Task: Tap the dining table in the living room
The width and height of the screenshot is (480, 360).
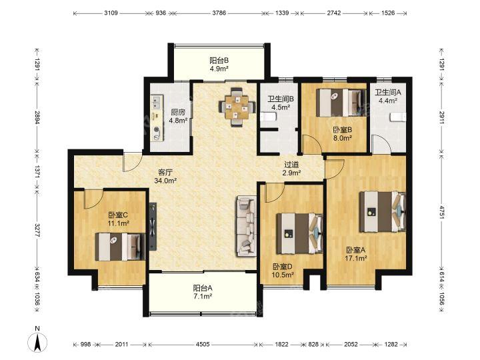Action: coord(237,107)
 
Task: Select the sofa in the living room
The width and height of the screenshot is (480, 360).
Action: coord(246,227)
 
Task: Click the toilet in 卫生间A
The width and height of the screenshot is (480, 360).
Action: coord(398,117)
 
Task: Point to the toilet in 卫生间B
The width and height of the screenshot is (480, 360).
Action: coord(269,117)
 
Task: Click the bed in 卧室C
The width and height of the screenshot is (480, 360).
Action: coord(120,247)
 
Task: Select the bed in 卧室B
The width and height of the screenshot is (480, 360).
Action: coord(341,103)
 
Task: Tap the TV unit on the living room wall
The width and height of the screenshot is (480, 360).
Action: coord(153,227)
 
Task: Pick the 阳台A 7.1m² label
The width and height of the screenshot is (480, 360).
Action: coord(203,292)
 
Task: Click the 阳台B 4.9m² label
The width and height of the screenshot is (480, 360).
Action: coord(219,64)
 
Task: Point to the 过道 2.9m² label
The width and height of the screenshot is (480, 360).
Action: coord(291,169)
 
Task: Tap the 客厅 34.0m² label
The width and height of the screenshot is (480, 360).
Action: coord(165,176)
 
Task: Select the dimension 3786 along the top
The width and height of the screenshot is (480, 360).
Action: coord(219,13)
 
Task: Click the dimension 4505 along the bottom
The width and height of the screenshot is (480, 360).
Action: coord(203,345)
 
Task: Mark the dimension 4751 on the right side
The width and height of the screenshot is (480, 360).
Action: coord(441,212)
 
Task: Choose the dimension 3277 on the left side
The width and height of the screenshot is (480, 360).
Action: coord(37,231)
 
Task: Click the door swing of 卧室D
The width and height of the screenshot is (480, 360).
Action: coord(274,193)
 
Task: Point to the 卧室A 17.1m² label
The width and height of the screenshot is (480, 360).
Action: coord(356,254)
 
